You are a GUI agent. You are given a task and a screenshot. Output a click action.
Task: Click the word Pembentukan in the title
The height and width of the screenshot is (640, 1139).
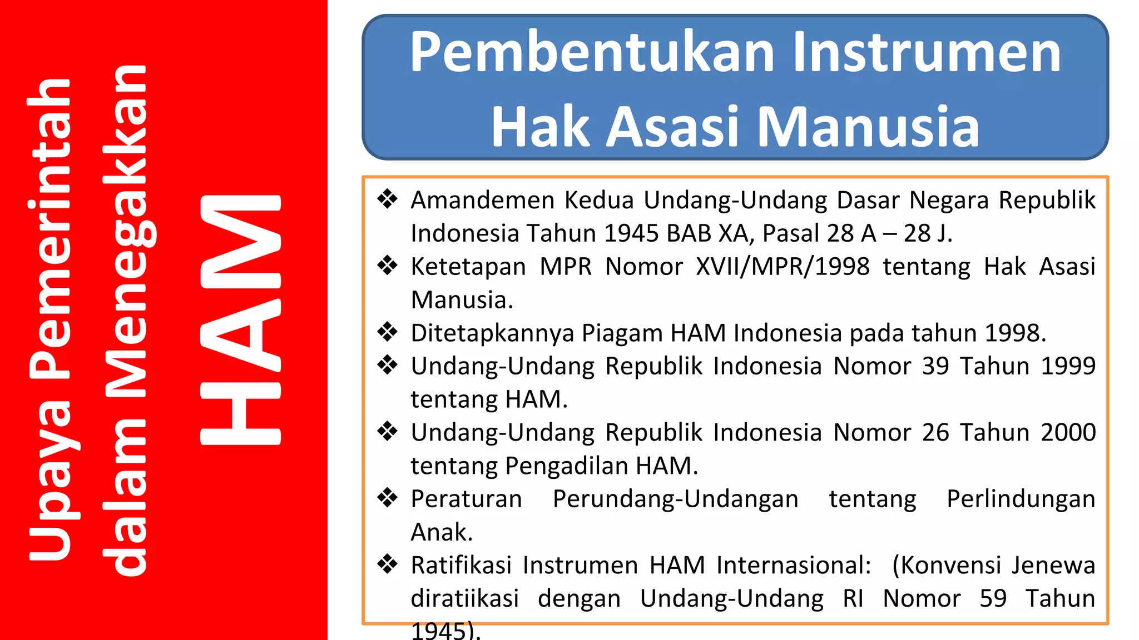[x=592, y=53]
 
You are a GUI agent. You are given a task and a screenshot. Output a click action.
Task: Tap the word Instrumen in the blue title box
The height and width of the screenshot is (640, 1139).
[x=926, y=53]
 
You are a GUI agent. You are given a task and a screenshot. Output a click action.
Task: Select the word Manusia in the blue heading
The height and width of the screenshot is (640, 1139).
[x=868, y=128]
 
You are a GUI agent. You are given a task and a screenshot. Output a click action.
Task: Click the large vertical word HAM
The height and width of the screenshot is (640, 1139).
[x=240, y=319]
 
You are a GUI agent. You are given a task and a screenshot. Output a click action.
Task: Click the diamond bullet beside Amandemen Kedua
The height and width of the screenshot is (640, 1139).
[x=388, y=199]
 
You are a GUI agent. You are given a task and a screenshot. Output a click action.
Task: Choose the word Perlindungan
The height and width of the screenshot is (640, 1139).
[x=1021, y=499]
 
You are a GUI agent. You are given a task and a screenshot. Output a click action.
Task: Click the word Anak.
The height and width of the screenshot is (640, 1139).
[x=441, y=532]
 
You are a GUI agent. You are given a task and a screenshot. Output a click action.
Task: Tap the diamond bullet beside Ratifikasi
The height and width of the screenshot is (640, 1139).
[x=388, y=564]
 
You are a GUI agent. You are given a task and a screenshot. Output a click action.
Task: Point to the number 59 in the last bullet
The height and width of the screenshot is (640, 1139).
[x=993, y=599]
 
